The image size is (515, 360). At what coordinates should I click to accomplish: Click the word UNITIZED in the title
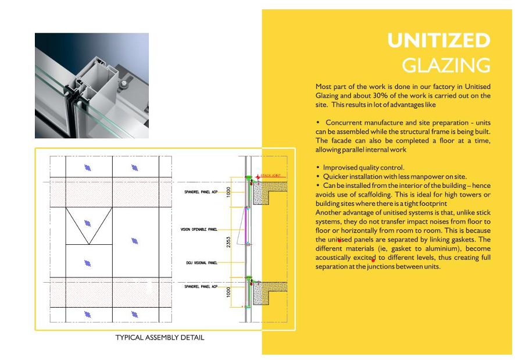click(x=439, y=41)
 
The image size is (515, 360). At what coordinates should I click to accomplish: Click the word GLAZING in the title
click(x=446, y=65)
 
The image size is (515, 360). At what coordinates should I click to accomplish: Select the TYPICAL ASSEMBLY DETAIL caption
click(x=160, y=337)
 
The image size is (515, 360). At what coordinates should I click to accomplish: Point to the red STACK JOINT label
click(x=270, y=175)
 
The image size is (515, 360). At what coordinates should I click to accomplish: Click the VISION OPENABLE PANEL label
click(x=199, y=230)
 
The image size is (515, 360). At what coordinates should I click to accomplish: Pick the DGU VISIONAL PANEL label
click(x=202, y=263)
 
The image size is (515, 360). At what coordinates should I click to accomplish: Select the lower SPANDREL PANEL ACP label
click(x=201, y=287)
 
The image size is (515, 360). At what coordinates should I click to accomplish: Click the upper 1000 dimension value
click(x=229, y=191)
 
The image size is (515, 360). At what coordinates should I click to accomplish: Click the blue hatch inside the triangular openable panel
click(x=88, y=223)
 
